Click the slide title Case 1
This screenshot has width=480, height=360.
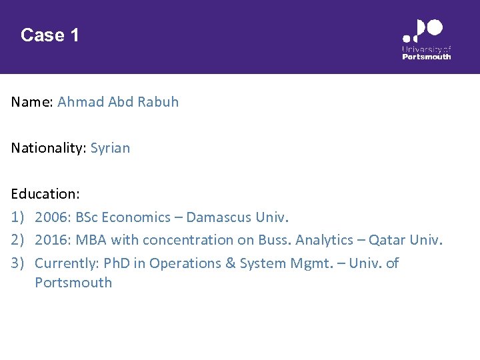50,35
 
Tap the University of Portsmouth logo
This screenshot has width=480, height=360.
426,40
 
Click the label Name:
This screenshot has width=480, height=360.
32,103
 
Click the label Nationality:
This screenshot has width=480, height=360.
49,148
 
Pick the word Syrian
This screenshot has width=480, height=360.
111,148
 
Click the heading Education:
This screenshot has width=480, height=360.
45,194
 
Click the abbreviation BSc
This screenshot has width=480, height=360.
88,217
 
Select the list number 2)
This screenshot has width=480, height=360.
18,240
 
